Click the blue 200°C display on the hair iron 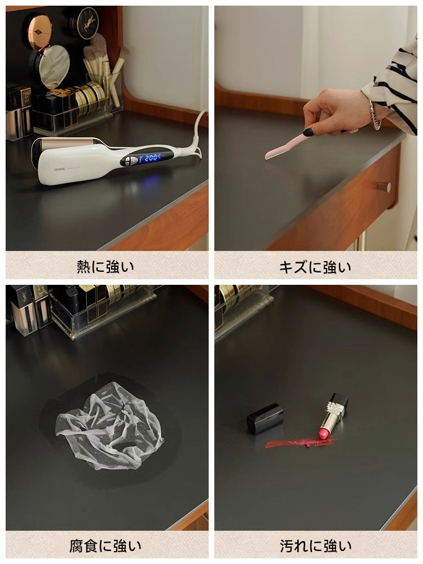(x=149, y=157)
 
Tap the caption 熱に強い (x=105, y=267)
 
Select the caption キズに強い (x=315, y=267)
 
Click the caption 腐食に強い (x=105, y=546)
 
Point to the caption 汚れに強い (x=315, y=546)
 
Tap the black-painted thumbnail (x=309, y=132)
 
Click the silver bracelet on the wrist (x=374, y=115)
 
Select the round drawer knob (x=385, y=187)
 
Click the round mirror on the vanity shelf (x=54, y=67)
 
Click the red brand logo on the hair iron (x=59, y=169)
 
